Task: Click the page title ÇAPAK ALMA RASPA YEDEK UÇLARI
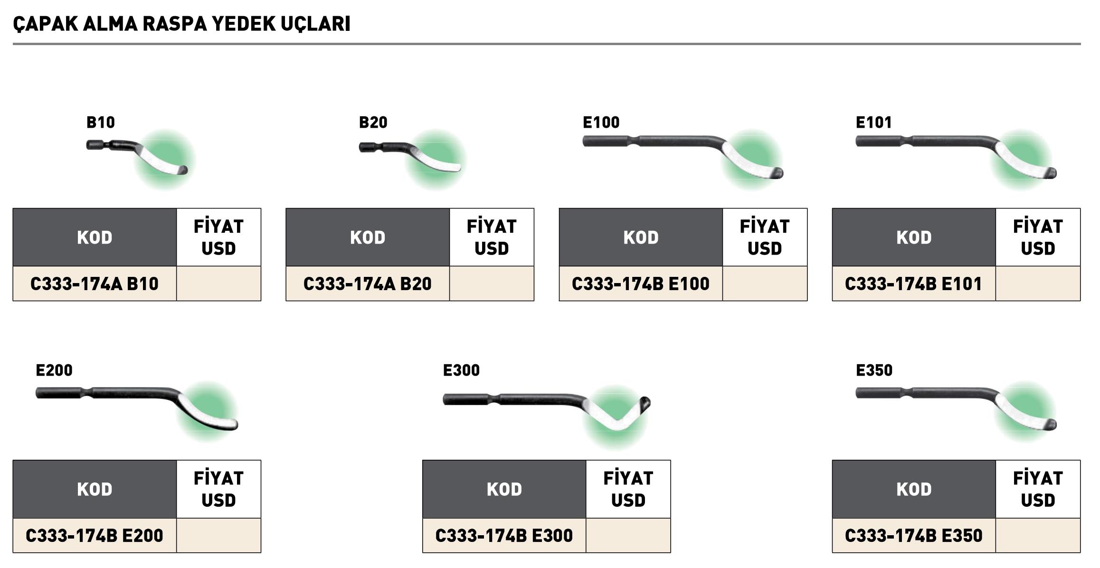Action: pyautogui.click(x=181, y=24)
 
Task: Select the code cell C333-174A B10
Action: pyautogui.click(x=95, y=284)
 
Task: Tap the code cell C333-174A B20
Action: pyautogui.click(x=367, y=284)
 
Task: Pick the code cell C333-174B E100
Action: pyautogui.click(x=640, y=284)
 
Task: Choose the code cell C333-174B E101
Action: pyautogui.click(x=913, y=284)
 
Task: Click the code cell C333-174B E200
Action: pyautogui.click(x=95, y=535)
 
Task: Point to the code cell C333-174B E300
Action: pyautogui.click(x=504, y=535)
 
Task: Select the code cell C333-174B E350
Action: pyautogui.click(x=913, y=535)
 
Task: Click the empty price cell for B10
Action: pyautogui.click(x=218, y=284)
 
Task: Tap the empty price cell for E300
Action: pyautogui.click(x=628, y=535)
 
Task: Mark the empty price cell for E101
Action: pyautogui.click(x=1038, y=284)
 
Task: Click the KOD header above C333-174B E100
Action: pyautogui.click(x=641, y=237)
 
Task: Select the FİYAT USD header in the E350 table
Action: pyautogui.click(x=1038, y=489)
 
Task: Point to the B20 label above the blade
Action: pyautogui.click(x=373, y=123)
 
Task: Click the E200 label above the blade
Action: pyautogui.click(x=54, y=370)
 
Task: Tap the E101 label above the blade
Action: pyautogui.click(x=873, y=123)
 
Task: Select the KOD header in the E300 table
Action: pyautogui.click(x=504, y=489)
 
